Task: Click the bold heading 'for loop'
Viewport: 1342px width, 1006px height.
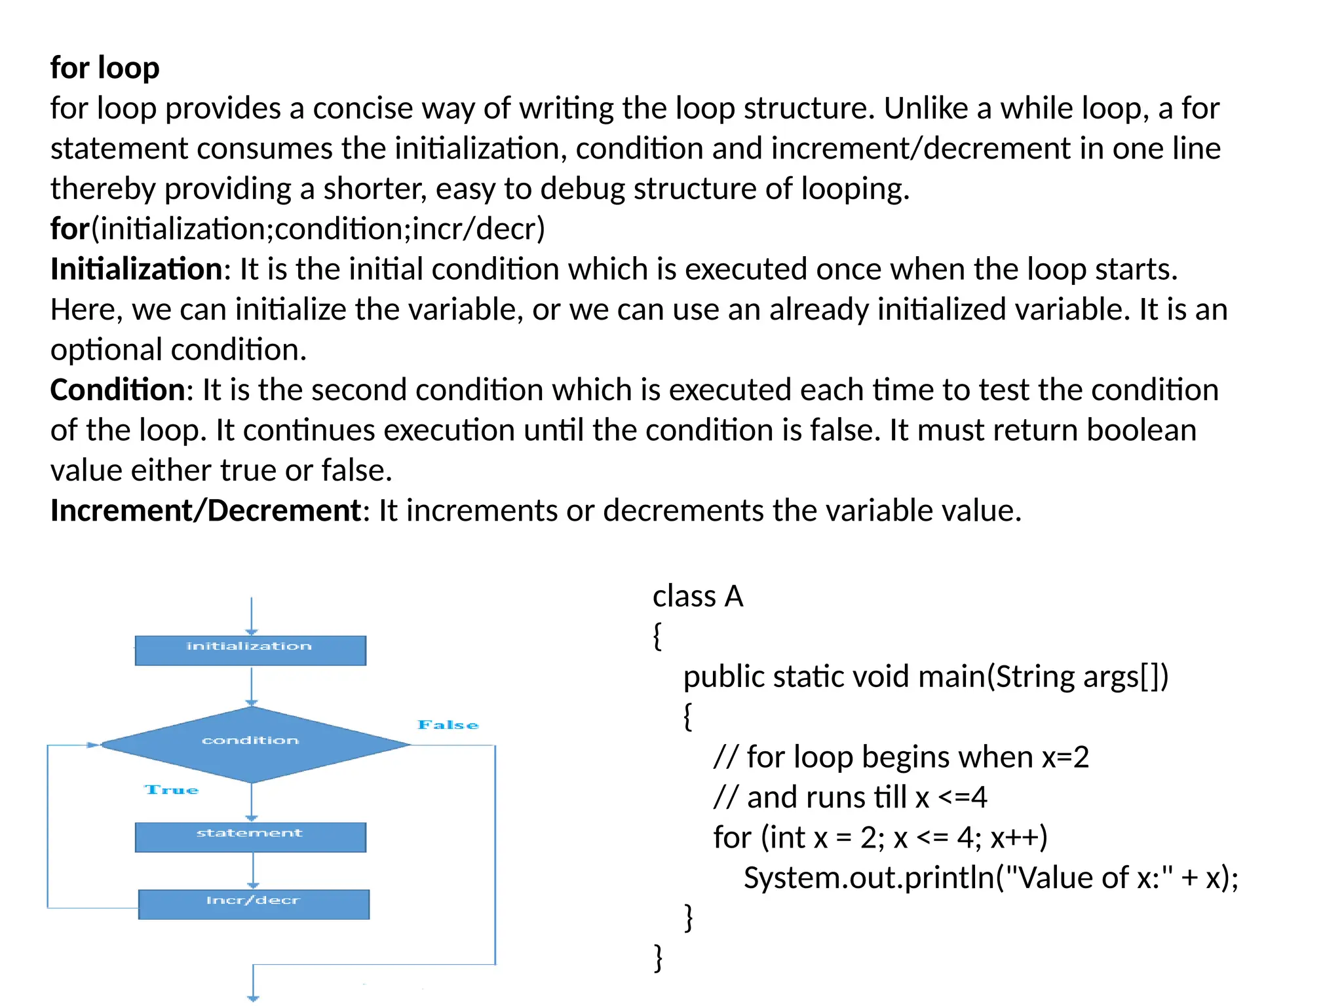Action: click(105, 68)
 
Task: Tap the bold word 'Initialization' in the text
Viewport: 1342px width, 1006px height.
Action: click(136, 269)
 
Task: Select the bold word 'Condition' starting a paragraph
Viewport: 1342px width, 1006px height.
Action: click(118, 390)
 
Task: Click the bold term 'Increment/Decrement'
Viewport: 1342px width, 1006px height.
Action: click(206, 510)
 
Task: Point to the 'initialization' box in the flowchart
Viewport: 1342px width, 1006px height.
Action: click(250, 650)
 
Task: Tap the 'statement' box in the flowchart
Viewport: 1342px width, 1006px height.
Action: click(250, 837)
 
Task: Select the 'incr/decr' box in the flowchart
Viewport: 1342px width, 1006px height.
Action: click(254, 904)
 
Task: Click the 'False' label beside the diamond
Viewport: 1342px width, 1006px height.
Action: click(448, 725)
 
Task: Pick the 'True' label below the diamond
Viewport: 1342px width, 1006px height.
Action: click(172, 790)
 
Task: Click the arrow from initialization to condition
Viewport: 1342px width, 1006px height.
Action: click(252, 686)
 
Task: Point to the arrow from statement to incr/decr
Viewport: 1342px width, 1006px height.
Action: click(253, 870)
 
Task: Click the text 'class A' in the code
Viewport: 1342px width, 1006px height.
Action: click(698, 597)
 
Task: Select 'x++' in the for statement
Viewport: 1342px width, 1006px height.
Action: click(1018, 838)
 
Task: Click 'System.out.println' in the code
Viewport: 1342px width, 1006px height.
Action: click(869, 878)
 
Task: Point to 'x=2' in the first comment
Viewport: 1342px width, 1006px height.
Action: click(1065, 757)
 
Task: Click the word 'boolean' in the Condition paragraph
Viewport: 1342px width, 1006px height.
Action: click(1141, 430)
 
